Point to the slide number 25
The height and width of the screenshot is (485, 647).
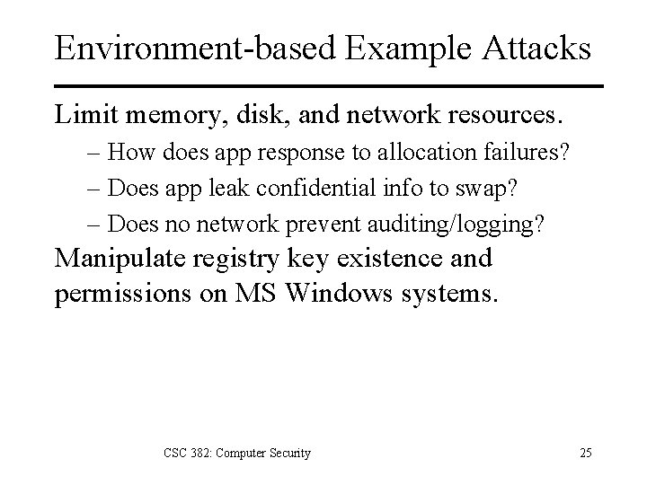[585, 453]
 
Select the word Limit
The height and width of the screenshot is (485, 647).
[82, 116]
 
